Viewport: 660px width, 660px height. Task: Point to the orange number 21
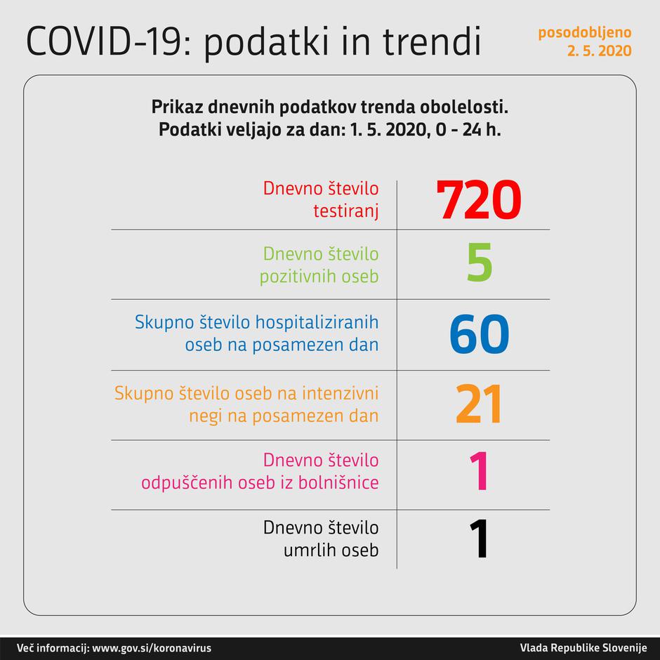(479, 404)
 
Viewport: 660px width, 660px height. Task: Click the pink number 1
(478, 471)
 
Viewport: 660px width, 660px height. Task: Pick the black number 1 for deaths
(478, 539)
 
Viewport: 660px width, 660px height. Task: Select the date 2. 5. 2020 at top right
(599, 51)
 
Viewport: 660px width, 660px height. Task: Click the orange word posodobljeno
(584, 32)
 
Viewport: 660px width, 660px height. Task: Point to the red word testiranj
(345, 211)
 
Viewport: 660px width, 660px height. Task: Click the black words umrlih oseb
(331, 550)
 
